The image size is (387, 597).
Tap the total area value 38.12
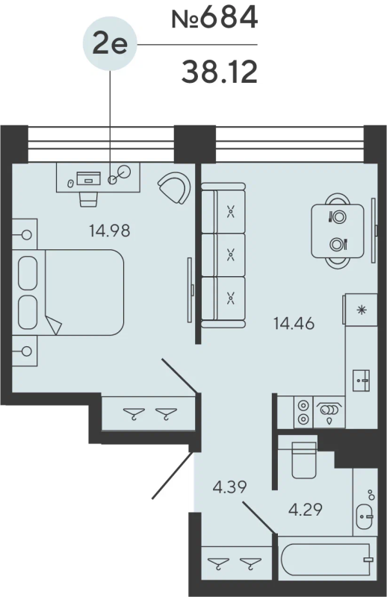tap(219, 72)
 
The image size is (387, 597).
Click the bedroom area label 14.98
tap(109, 231)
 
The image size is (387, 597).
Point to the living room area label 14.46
tap(293, 324)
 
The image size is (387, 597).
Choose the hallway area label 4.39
tap(230, 487)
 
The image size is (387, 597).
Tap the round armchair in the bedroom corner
tap(176, 187)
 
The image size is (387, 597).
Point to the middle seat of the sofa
tap(231, 255)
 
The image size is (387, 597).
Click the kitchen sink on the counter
tap(362, 380)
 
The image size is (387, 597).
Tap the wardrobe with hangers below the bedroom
tap(149, 413)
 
